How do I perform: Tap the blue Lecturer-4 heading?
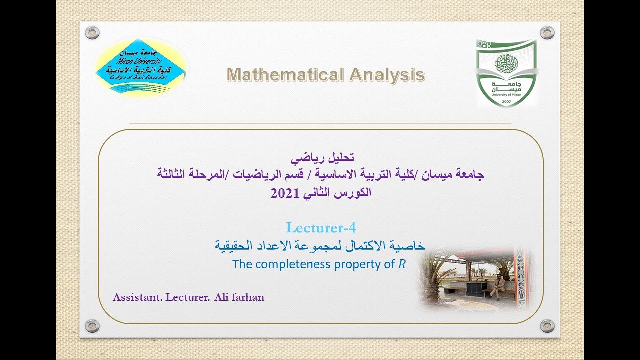[321, 228]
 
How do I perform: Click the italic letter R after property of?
[402, 264]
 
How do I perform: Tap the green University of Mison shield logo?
[507, 73]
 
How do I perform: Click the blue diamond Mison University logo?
[141, 67]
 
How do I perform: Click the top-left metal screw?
[92, 33]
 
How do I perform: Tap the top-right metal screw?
[547, 33]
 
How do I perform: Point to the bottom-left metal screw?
[92, 326]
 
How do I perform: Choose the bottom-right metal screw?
[547, 326]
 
